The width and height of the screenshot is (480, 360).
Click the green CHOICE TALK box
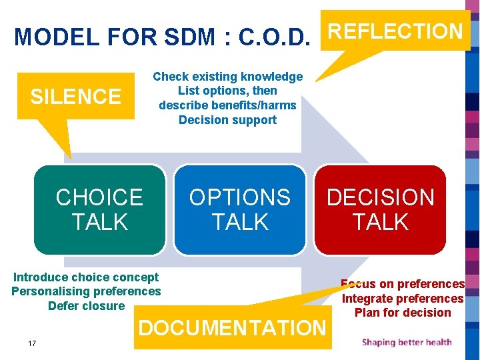(x=99, y=209)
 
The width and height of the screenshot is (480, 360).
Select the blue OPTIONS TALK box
(x=240, y=209)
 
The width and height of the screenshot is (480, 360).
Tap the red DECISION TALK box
(x=380, y=209)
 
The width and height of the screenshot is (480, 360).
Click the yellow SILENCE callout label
(x=76, y=97)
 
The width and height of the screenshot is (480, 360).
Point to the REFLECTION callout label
(x=396, y=31)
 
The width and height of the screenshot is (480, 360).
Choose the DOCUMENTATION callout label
(x=232, y=327)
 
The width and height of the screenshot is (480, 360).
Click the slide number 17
(x=32, y=343)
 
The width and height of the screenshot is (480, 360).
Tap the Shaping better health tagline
(x=407, y=343)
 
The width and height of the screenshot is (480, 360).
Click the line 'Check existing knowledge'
(x=227, y=77)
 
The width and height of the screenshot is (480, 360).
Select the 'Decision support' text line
(x=227, y=120)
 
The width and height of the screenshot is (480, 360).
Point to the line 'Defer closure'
(x=86, y=306)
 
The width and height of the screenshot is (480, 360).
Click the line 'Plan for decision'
(x=403, y=313)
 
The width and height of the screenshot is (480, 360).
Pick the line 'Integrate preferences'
(x=403, y=299)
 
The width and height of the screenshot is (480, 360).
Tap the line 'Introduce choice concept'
(x=86, y=277)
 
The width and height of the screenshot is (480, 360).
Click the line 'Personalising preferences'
(x=86, y=291)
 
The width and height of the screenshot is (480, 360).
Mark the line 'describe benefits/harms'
(x=227, y=105)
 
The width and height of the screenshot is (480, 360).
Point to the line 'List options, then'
(x=227, y=91)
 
